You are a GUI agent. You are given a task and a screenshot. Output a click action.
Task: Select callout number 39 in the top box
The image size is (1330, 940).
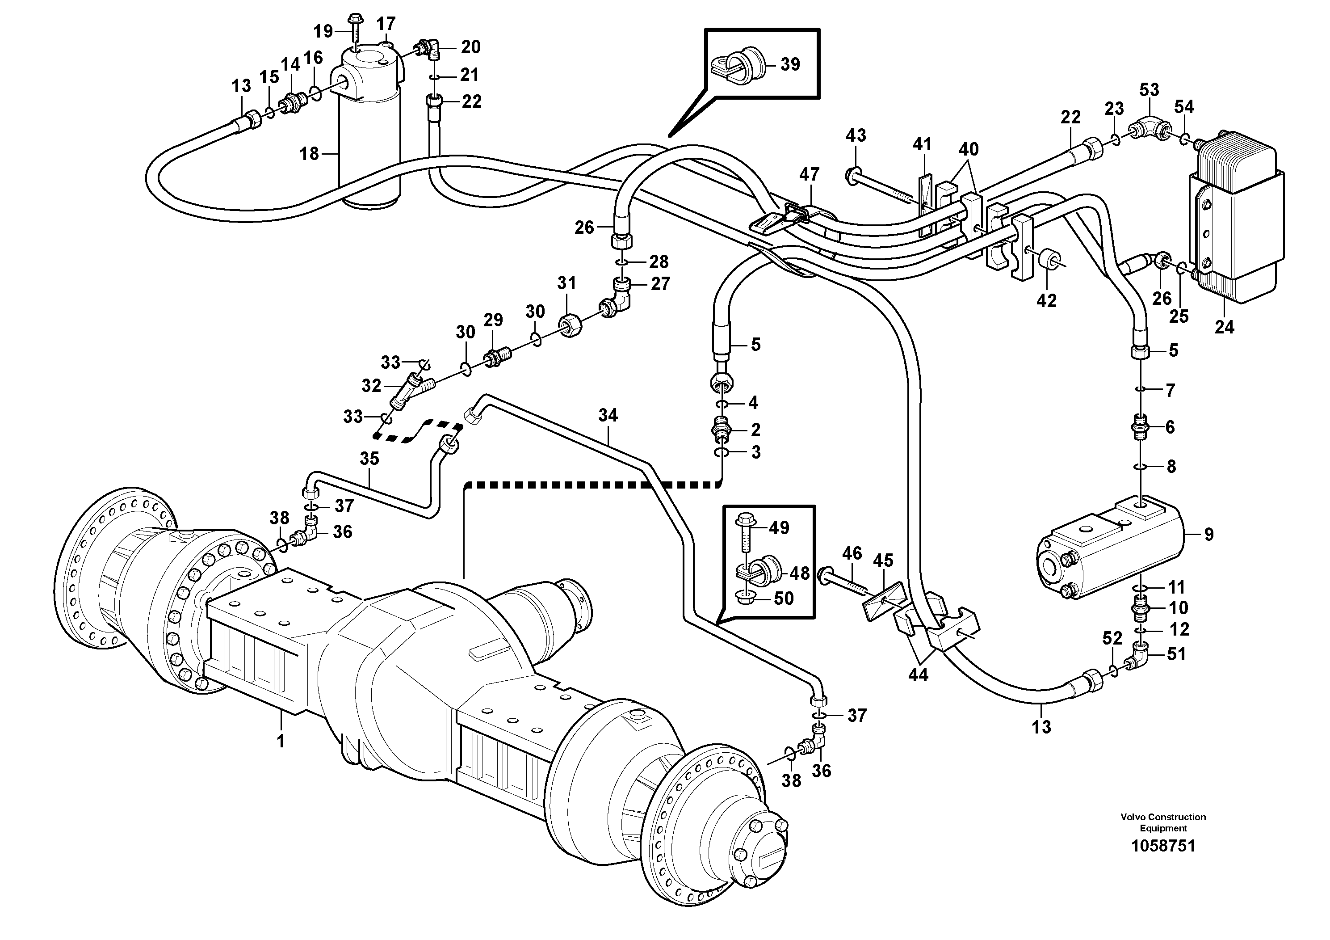point(790,64)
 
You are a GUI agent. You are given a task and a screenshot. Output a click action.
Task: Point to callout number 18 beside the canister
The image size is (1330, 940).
point(309,154)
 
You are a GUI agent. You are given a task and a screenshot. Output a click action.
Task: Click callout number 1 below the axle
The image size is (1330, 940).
point(281,741)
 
